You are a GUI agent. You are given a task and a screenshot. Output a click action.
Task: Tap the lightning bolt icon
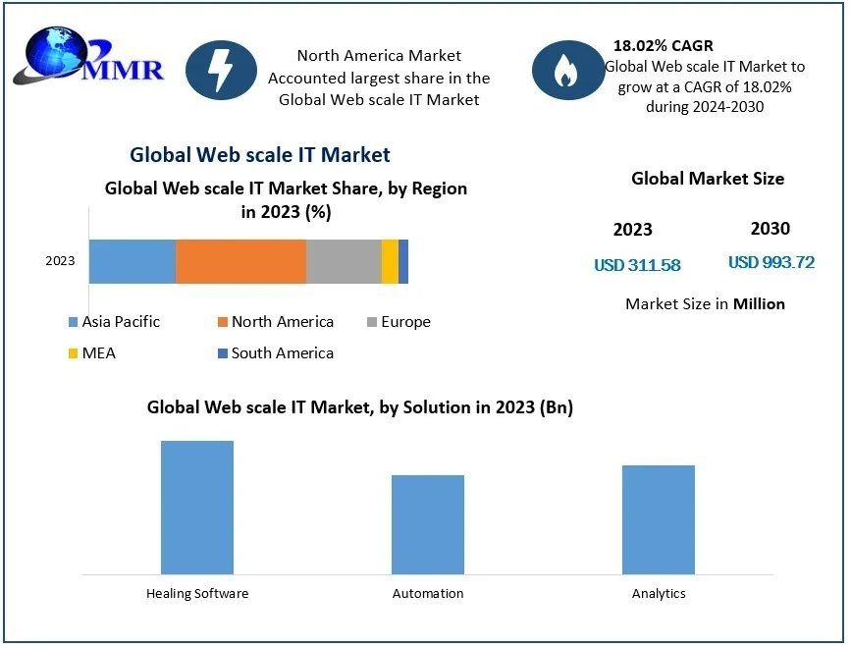pyautogui.click(x=221, y=70)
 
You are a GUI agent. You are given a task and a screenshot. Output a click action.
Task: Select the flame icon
pyautogui.click(x=566, y=70)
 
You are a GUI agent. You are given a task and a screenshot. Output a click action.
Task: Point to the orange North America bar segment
pyautogui.click(x=240, y=261)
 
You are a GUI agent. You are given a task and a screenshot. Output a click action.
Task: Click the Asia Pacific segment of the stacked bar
pyautogui.click(x=132, y=261)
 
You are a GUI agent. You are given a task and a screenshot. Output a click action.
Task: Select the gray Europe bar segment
pyautogui.click(x=344, y=261)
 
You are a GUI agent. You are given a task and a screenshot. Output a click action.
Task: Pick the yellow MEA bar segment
pyautogui.click(x=390, y=261)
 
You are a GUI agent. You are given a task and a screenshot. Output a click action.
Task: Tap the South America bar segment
pyautogui.click(x=403, y=261)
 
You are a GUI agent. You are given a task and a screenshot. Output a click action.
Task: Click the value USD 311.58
pyautogui.click(x=637, y=265)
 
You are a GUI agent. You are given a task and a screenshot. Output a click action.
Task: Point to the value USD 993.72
pyautogui.click(x=771, y=263)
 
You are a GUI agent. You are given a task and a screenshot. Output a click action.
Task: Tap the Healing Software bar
pyautogui.click(x=197, y=507)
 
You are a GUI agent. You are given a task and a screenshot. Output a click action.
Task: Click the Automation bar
pyautogui.click(x=428, y=523)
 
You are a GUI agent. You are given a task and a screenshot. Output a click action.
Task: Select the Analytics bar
pyautogui.click(x=659, y=518)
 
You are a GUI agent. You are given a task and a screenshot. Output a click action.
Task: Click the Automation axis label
pyautogui.click(x=428, y=594)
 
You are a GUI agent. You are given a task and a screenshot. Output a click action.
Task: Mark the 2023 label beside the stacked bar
pyautogui.click(x=60, y=261)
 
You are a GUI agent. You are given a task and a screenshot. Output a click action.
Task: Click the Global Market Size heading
pyautogui.click(x=708, y=179)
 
